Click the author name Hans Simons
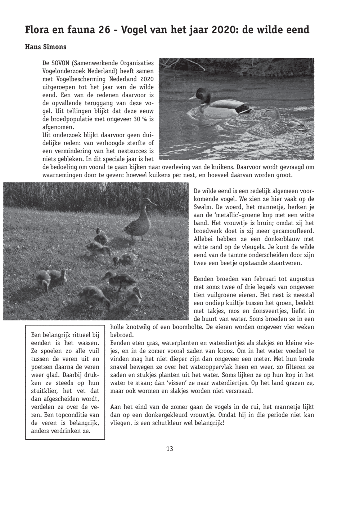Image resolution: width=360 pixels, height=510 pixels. point(46,47)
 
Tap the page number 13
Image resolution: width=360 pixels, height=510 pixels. point(170,449)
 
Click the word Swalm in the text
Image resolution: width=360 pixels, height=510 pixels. point(203,207)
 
